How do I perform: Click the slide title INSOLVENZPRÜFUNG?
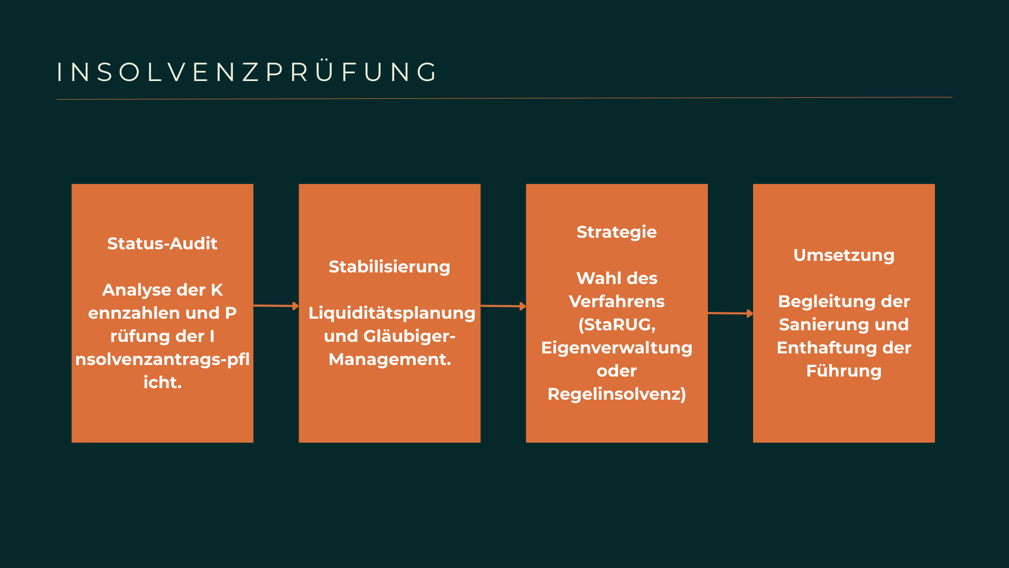(x=247, y=72)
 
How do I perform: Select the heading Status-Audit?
(x=162, y=244)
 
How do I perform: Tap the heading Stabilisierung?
(x=389, y=267)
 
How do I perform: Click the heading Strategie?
(x=616, y=232)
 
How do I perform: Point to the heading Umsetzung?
(x=843, y=255)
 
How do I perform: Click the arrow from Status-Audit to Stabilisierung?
(x=276, y=306)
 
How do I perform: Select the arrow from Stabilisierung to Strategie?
(x=503, y=306)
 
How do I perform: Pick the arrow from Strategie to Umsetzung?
(x=730, y=313)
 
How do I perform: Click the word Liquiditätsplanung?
(x=392, y=313)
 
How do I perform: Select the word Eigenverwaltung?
(x=616, y=348)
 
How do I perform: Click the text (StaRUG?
(x=616, y=324)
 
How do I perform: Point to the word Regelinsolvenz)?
(x=616, y=394)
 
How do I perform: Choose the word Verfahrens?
(x=616, y=301)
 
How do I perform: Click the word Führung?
(x=843, y=371)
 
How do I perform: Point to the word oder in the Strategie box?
(x=616, y=371)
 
